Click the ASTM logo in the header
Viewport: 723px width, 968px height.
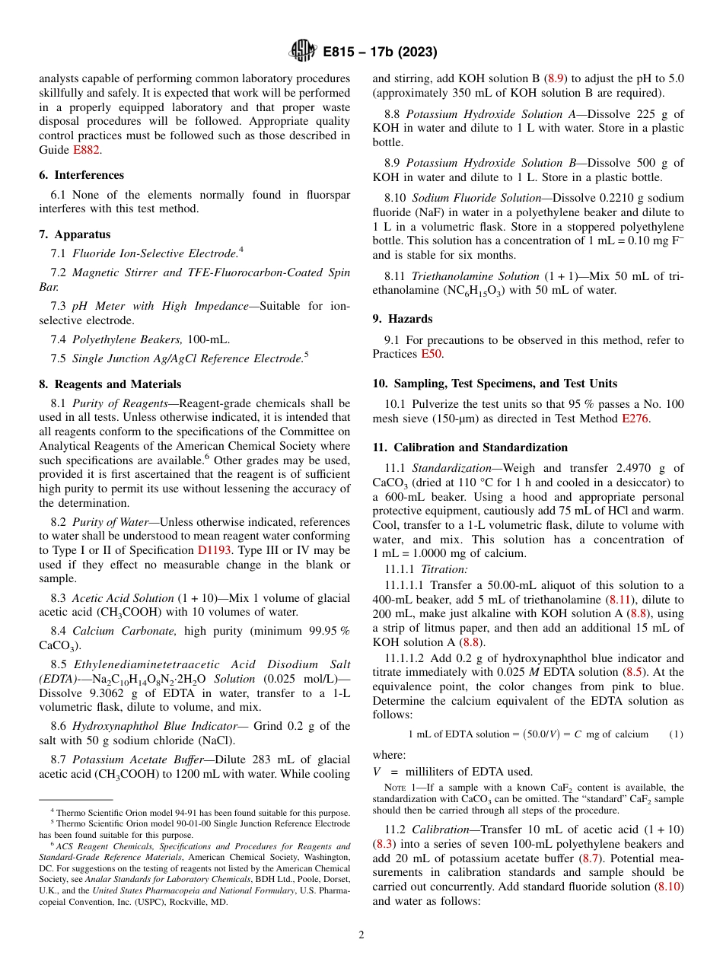303,52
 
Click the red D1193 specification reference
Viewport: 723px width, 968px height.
215,550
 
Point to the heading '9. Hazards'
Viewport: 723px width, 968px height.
402,319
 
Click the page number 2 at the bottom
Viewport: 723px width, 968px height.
361,935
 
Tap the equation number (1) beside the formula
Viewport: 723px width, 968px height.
675,734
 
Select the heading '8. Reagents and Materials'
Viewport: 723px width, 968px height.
110,384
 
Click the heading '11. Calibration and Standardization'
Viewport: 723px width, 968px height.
470,447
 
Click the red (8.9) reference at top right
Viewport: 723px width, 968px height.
557,78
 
